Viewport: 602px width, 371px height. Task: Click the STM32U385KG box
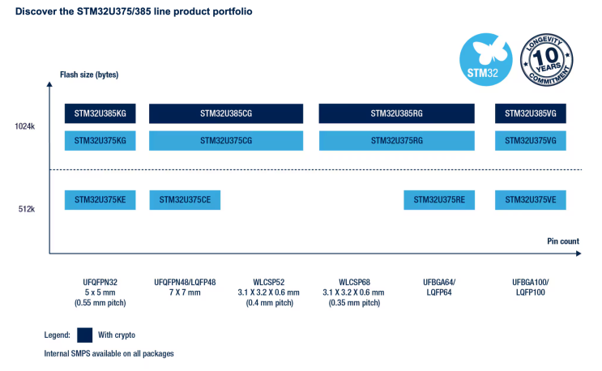tap(100, 113)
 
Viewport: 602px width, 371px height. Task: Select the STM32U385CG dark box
tap(226, 113)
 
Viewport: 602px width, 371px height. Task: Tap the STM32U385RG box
tap(396, 113)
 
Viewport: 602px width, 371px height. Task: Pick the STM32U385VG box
tap(530, 113)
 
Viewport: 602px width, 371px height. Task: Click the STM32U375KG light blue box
tap(100, 140)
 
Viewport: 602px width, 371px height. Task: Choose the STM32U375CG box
tap(226, 140)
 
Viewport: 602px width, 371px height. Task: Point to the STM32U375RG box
tap(396, 140)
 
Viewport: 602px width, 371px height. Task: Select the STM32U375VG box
tap(530, 140)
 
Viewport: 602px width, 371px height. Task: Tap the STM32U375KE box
tap(100, 199)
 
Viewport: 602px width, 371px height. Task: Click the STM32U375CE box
tap(185, 199)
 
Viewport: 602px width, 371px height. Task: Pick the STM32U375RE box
tap(439, 199)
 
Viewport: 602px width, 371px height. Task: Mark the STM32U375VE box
tap(530, 199)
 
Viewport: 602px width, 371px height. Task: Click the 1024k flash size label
tap(25, 127)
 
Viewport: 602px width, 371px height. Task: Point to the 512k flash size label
tap(27, 209)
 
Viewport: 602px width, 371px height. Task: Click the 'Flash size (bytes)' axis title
tap(89, 75)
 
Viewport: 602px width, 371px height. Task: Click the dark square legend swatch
tap(85, 335)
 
